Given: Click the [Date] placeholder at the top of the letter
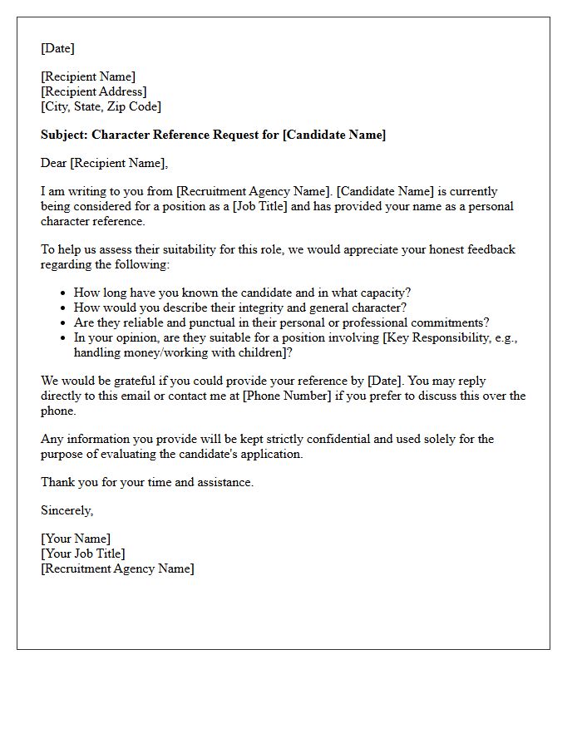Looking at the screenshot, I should click(x=57, y=48).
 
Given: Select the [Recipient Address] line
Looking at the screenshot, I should click(x=94, y=91).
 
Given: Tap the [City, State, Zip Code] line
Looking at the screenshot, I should click(x=101, y=106).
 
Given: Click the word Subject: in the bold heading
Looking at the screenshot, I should click(x=64, y=135).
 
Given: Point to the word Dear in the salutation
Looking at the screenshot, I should click(x=54, y=163).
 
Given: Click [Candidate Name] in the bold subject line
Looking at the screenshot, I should click(x=334, y=135).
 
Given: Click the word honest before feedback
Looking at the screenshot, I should click(x=417, y=249).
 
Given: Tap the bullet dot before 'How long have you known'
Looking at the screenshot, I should click(x=63, y=293).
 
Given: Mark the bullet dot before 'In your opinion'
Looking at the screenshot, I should click(x=63, y=337).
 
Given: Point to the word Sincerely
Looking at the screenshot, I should click(x=67, y=510).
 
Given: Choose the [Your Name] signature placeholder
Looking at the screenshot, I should click(x=76, y=539).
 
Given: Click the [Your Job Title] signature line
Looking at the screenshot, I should click(x=83, y=554).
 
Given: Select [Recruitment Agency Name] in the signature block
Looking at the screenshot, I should click(x=117, y=568).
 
